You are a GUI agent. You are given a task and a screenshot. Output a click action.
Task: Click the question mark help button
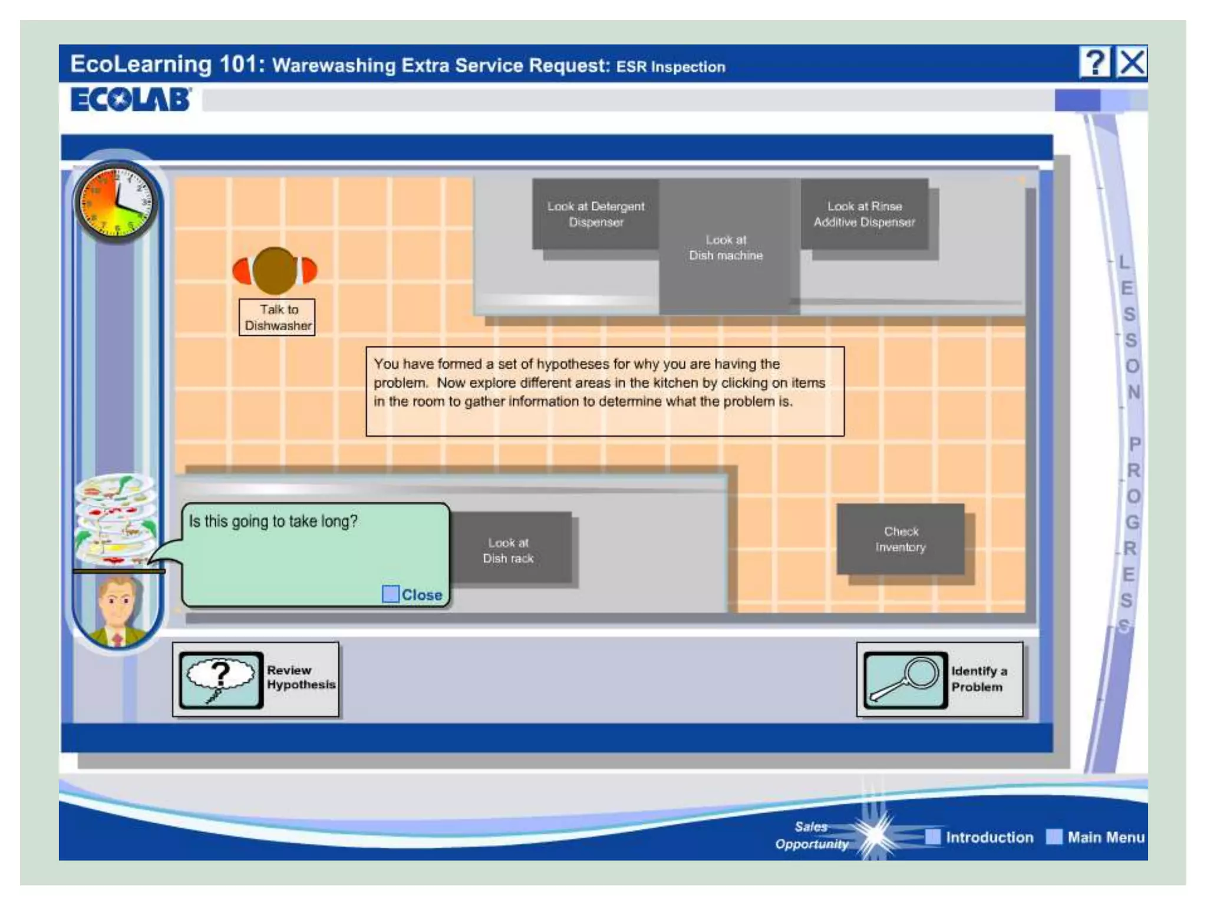pyautogui.click(x=1094, y=62)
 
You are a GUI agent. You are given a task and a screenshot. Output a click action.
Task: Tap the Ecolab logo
pyautogui.click(x=130, y=99)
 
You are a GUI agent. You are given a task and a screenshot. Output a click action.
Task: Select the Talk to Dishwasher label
pyautogui.click(x=277, y=318)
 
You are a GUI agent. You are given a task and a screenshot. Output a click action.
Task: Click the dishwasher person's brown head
pyautogui.click(x=274, y=270)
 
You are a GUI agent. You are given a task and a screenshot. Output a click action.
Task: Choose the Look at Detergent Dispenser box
pyautogui.click(x=595, y=214)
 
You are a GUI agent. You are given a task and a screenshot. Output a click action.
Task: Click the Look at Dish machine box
pyautogui.click(x=726, y=247)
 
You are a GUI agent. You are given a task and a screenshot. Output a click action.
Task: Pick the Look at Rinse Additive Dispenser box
pyautogui.click(x=864, y=214)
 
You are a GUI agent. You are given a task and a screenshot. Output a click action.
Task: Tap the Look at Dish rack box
pyautogui.click(x=508, y=550)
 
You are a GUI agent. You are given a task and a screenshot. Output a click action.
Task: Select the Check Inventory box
pyautogui.click(x=900, y=539)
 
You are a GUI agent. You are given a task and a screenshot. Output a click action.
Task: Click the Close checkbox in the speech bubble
pyautogui.click(x=390, y=594)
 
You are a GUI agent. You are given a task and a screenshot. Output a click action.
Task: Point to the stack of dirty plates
pyautogui.click(x=116, y=518)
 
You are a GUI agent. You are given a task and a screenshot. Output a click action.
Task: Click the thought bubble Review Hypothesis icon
pyautogui.click(x=221, y=679)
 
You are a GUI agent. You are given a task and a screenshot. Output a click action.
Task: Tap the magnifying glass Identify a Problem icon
pyautogui.click(x=905, y=679)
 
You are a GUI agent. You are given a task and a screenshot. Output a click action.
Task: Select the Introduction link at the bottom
pyautogui.click(x=989, y=837)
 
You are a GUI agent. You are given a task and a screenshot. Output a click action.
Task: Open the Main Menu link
pyautogui.click(x=1106, y=837)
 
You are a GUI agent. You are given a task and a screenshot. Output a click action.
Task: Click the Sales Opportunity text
pyautogui.click(x=812, y=835)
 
